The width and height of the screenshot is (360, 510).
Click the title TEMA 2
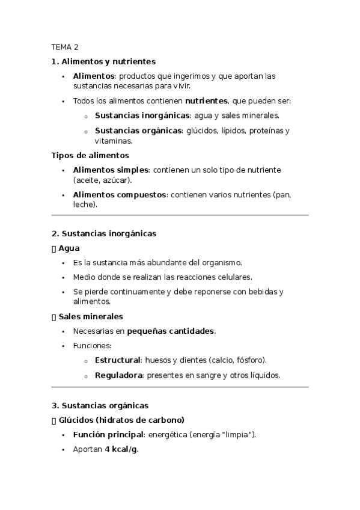tap(65, 47)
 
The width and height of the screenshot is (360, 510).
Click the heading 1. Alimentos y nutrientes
tap(103, 61)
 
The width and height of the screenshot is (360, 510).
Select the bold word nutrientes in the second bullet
tap(206, 101)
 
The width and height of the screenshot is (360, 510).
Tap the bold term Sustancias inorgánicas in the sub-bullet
tap(142, 115)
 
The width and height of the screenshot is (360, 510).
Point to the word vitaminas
tap(114, 141)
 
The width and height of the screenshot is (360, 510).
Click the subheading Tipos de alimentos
tap(90, 155)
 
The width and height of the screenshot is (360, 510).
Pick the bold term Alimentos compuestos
tap(120, 195)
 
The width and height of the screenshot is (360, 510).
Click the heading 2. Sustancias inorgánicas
tap(104, 233)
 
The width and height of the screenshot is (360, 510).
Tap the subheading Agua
tap(69, 248)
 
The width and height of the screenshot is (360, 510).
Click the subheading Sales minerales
tap(90, 316)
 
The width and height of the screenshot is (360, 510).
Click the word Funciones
tap(92, 346)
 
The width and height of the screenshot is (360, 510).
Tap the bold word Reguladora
tap(118, 375)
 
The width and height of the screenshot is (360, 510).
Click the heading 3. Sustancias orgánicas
tap(100, 405)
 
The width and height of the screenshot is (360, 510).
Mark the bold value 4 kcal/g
tap(121, 449)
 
